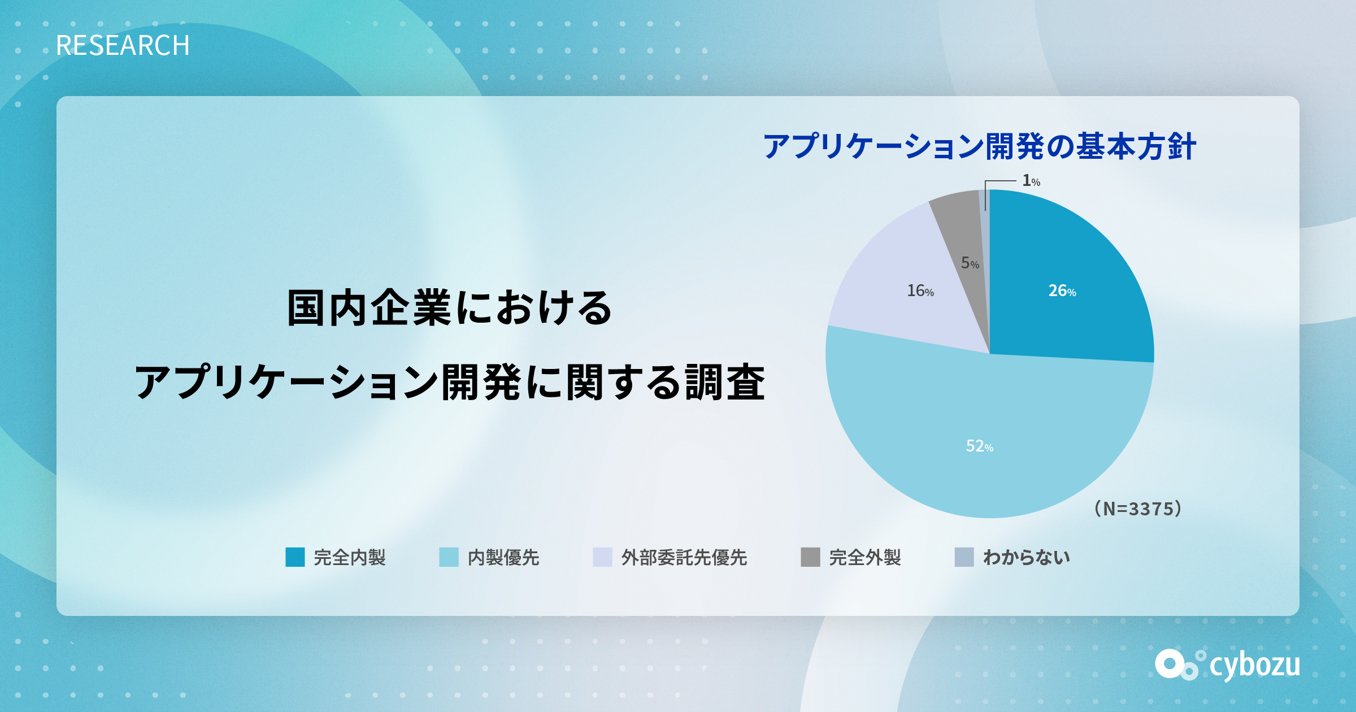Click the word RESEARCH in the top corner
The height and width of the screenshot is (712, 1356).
(x=123, y=46)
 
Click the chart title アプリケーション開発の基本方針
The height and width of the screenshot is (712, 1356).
(x=980, y=146)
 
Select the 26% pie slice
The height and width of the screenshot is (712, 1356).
(x=1068, y=283)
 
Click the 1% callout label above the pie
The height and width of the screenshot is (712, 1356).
(x=1031, y=181)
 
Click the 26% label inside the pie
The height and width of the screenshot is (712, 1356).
(x=1062, y=291)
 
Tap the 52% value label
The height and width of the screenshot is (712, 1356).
(x=980, y=446)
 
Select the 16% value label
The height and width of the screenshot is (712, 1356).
(x=920, y=291)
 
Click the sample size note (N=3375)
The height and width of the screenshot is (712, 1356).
(x=1137, y=509)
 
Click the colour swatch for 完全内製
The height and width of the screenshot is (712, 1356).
(x=295, y=557)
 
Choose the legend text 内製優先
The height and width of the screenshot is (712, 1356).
(x=503, y=558)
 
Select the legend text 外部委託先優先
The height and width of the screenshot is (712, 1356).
(x=684, y=558)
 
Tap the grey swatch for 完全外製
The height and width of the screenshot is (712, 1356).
(x=810, y=557)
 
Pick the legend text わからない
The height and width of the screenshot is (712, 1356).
(x=1027, y=558)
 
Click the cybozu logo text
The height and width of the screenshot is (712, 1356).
(x=1255, y=666)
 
